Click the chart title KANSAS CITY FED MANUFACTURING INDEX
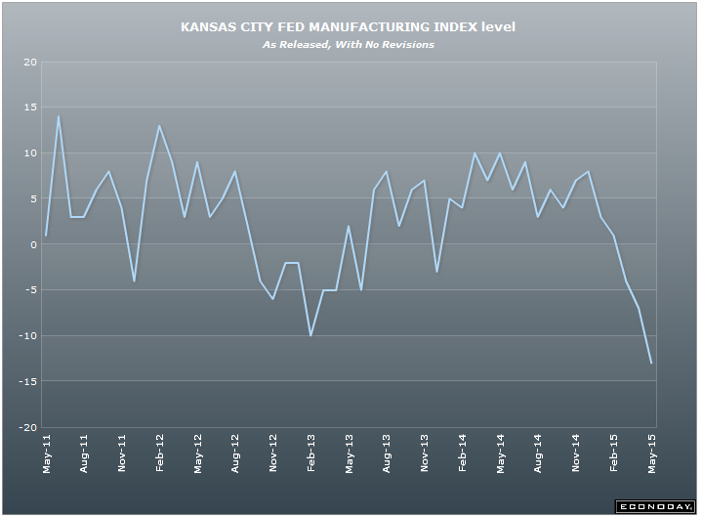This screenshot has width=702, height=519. tap(348, 27)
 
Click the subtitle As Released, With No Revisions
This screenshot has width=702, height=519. tap(348, 44)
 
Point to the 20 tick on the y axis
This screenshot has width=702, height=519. tap(30, 63)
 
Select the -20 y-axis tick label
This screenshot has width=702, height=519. tap(28, 427)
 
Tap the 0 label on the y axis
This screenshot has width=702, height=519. tap(33, 245)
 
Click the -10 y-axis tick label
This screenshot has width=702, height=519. tap(28, 336)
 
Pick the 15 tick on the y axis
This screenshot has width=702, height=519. tap(30, 108)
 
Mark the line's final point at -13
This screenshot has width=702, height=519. tap(652, 364)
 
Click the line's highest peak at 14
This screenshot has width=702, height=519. tap(59, 117)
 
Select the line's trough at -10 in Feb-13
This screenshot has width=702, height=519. tap(311, 335)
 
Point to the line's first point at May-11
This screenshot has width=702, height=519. tap(46, 236)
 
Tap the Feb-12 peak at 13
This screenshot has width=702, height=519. tap(160, 126)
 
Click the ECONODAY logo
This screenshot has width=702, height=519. tap(653, 506)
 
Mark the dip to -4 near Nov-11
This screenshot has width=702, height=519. tap(134, 281)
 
